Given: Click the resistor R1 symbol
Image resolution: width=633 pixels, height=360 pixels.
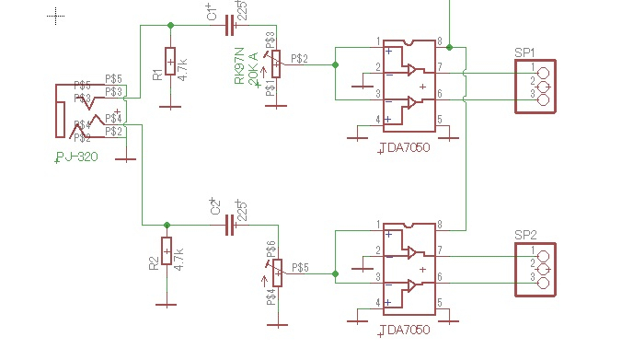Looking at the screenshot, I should coord(170,63).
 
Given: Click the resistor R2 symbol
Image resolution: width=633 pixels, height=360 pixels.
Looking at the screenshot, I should coord(167,250).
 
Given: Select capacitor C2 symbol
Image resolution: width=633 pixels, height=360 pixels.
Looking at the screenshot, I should coord(231,224).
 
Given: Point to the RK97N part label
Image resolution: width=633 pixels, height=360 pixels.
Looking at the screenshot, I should coord(240,69).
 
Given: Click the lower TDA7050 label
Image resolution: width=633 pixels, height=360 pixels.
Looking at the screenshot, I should coord(403,329).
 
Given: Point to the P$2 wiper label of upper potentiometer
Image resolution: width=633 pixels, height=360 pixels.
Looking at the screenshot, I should coord(299,59).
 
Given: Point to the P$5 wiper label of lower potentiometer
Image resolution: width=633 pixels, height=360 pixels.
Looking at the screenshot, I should coord(300,268).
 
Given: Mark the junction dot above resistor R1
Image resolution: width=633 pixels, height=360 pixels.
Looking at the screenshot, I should coord(170,26).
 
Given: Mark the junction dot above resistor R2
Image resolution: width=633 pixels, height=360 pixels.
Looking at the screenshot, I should coord(167,224).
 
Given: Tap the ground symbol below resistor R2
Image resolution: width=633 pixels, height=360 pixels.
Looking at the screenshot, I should coord(167,303).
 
